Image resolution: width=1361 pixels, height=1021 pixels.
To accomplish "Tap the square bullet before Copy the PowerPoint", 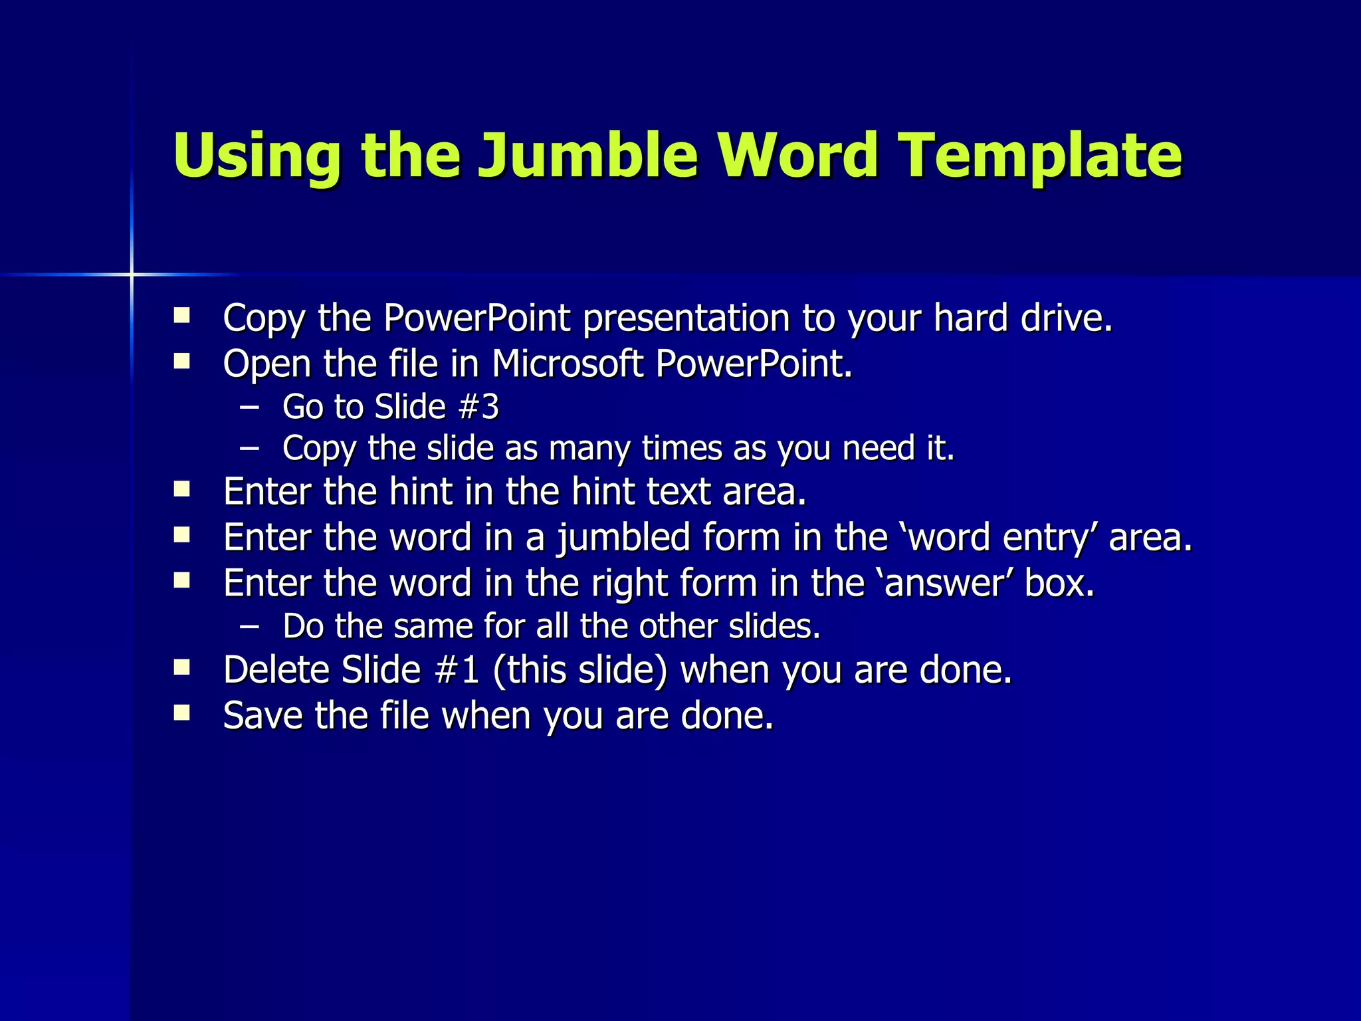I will point(181,314).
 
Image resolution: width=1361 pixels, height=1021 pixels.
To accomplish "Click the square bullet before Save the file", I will point(181,713).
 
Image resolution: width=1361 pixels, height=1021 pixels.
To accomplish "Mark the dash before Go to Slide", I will point(250,407).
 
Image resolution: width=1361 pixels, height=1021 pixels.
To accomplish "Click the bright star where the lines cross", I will point(132,274).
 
